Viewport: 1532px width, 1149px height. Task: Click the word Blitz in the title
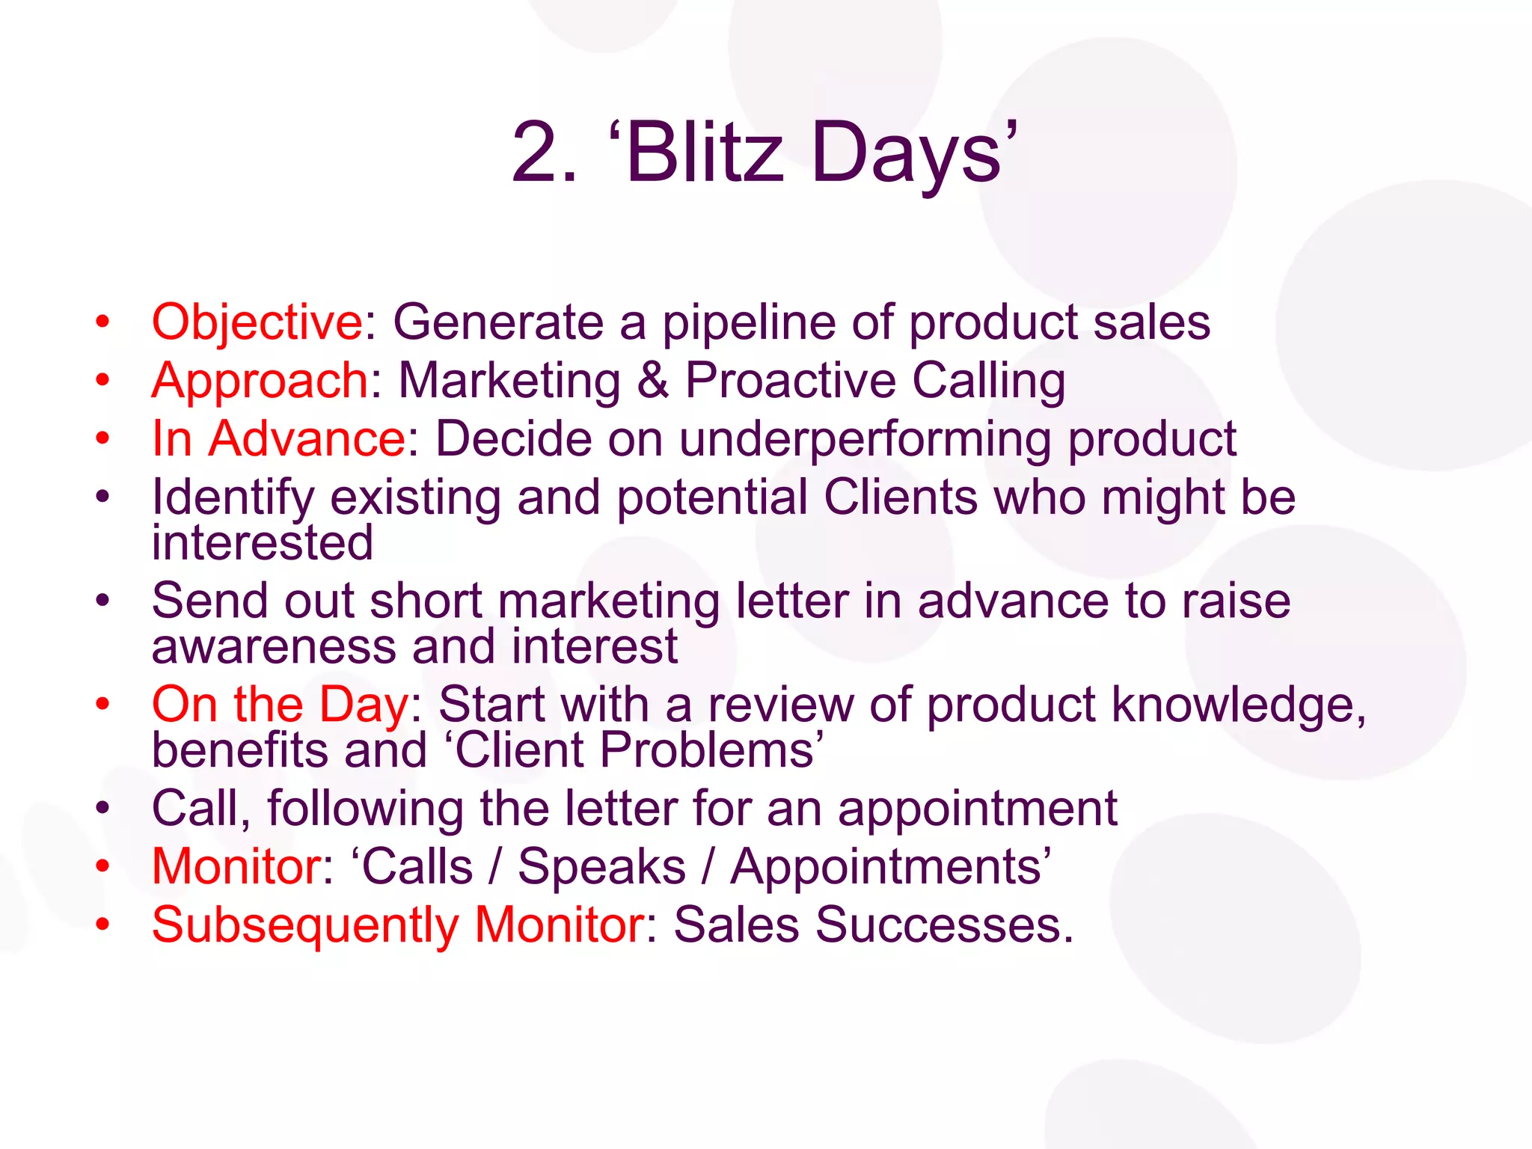click(705, 153)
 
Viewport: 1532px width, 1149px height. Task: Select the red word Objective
click(257, 323)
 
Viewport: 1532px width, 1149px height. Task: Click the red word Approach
click(260, 381)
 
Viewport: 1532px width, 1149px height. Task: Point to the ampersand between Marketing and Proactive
click(653, 381)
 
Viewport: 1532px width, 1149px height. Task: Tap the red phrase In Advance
click(278, 438)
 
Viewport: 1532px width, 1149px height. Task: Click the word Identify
click(233, 498)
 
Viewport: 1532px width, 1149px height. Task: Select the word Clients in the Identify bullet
click(901, 497)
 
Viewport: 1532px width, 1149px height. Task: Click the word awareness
click(274, 646)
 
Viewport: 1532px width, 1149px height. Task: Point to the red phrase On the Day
click(280, 705)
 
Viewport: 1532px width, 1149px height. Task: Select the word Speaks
click(601, 867)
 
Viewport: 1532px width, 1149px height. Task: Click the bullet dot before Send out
click(102, 600)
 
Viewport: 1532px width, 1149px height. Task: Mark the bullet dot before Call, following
click(102, 808)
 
